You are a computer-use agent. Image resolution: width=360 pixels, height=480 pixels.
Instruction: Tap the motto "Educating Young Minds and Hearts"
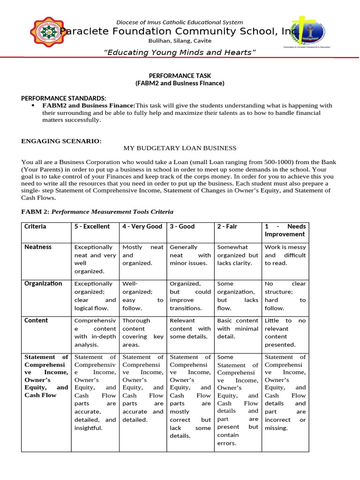click(x=180, y=52)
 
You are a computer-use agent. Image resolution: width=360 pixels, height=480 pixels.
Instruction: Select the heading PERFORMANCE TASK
click(x=180, y=75)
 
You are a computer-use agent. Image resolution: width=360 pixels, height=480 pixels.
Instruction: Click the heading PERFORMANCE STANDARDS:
click(x=64, y=98)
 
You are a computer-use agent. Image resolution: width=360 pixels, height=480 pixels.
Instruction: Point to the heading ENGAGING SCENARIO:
click(x=61, y=141)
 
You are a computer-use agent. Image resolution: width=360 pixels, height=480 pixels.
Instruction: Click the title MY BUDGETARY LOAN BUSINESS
click(x=180, y=148)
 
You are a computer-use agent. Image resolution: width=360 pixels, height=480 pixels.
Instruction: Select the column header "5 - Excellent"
click(x=92, y=226)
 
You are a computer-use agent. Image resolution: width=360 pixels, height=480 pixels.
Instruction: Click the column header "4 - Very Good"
click(x=142, y=226)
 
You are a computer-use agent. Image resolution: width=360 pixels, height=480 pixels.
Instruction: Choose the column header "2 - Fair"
click(x=227, y=226)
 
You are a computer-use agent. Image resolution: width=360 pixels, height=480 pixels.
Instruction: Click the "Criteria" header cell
click(x=35, y=226)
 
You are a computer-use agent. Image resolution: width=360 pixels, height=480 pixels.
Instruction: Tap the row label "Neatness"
click(x=38, y=247)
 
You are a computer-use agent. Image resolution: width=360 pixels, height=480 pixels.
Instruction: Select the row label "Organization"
click(x=43, y=284)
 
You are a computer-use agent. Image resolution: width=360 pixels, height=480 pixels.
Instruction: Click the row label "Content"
click(x=36, y=321)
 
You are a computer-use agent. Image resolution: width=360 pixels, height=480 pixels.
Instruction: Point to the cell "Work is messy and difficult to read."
click(x=285, y=255)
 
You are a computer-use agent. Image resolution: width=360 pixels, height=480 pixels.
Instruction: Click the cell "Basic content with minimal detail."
click(x=238, y=329)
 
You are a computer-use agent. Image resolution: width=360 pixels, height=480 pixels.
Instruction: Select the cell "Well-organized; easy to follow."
click(x=142, y=296)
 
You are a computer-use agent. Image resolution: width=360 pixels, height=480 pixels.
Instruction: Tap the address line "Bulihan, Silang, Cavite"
click(x=180, y=41)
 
